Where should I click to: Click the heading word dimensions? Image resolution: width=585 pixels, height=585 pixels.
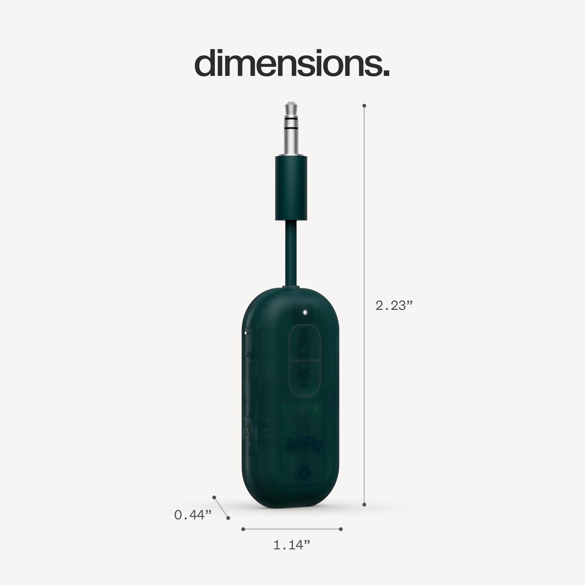(292, 63)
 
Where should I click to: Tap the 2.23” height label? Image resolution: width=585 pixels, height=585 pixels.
(394, 306)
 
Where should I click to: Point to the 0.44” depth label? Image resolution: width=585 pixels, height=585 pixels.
(193, 515)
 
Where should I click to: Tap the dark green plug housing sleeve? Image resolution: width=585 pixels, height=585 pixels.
(291, 188)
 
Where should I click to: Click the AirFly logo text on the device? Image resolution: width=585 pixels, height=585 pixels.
(304, 445)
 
